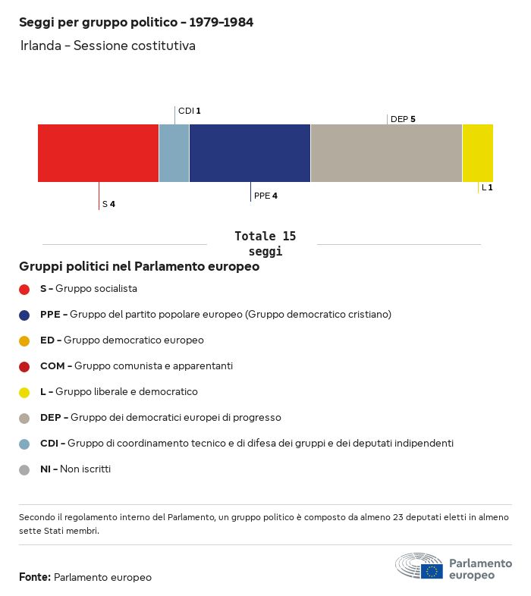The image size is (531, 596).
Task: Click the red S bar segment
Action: tap(98, 153)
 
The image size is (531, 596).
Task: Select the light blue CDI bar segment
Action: tap(174, 153)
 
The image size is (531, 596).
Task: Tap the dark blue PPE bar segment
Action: tap(250, 153)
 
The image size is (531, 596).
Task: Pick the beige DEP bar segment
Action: tap(386, 153)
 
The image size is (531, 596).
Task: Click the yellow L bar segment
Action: tap(477, 153)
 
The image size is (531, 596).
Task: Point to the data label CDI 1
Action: tap(189, 111)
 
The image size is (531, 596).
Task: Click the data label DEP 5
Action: tap(403, 119)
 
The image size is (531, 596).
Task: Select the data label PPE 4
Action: tap(265, 196)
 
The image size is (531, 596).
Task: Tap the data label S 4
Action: tap(108, 204)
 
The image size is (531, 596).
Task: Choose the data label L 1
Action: tap(487, 187)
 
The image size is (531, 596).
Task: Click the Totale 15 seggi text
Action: tap(265, 243)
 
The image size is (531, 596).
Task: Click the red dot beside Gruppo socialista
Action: tap(24, 289)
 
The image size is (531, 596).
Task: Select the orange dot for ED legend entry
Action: tap(24, 340)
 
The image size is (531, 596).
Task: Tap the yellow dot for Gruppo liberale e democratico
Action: tap(24, 392)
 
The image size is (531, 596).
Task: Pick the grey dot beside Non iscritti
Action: tap(24, 469)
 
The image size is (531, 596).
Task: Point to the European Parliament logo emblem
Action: tap(419, 566)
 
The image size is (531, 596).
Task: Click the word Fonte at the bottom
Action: tap(35, 577)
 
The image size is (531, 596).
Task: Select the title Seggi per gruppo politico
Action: tap(136, 23)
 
